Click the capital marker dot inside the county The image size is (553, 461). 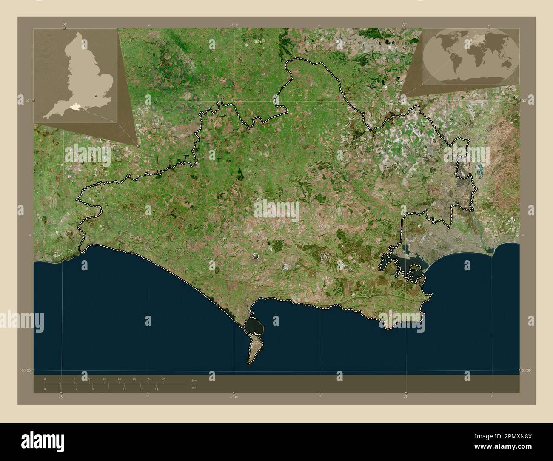click(x=255, y=256)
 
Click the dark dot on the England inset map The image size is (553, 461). click(x=97, y=96)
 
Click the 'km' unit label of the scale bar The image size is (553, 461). click(x=194, y=380)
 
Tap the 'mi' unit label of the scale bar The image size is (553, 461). click(x=194, y=387)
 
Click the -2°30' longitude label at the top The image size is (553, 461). click(x=234, y=26)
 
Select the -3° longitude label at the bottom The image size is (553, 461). click(x=61, y=397)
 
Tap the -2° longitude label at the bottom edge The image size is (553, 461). click(x=406, y=397)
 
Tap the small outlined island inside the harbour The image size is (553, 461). click(x=414, y=267)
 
